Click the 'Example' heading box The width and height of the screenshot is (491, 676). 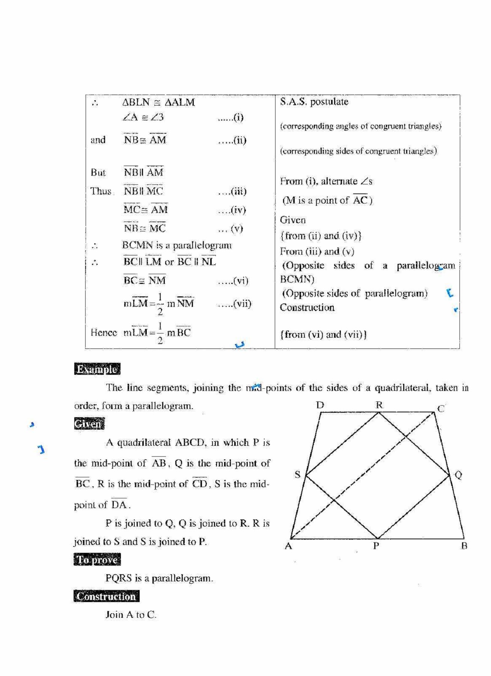[x=97, y=369]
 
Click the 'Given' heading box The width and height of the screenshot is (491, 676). [x=89, y=424]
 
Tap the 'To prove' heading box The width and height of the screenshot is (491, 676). [x=97, y=560]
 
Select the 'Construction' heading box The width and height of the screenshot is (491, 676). [x=106, y=596]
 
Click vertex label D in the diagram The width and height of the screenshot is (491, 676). [x=320, y=405]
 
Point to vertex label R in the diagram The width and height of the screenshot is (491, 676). [x=379, y=405]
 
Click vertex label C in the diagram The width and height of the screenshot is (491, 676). [x=441, y=408]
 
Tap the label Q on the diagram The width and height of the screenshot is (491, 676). [x=458, y=475]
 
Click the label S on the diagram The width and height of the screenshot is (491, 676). [x=298, y=475]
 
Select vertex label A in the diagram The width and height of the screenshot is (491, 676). [x=288, y=546]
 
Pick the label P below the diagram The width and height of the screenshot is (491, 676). [x=376, y=546]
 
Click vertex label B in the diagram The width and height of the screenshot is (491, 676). [x=464, y=546]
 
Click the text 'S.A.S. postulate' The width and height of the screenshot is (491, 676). [x=314, y=102]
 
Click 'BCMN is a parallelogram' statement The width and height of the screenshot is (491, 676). [x=176, y=246]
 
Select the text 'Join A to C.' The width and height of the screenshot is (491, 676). [x=131, y=615]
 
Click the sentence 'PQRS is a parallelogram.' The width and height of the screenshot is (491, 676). [x=159, y=578]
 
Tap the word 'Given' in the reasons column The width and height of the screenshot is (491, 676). [x=293, y=220]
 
